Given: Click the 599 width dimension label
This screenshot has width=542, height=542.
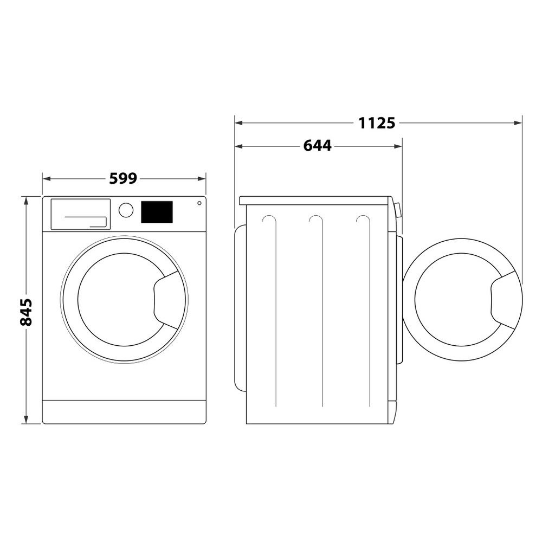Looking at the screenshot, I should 124,178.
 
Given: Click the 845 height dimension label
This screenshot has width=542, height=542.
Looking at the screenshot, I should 26,312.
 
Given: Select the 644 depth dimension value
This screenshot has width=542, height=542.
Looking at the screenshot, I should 317,146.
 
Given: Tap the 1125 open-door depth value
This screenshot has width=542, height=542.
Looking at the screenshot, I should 377,123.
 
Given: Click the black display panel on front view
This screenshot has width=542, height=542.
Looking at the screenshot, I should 157,212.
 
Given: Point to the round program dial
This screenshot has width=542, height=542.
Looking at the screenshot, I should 126,210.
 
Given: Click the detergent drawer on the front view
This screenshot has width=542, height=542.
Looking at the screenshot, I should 80,214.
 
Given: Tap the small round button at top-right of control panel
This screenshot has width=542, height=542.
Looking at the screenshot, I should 199,203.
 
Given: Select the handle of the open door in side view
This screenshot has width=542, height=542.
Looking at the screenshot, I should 504,301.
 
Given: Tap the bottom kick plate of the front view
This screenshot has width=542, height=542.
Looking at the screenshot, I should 124,412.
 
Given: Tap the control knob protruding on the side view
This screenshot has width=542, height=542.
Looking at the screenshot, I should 398,210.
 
